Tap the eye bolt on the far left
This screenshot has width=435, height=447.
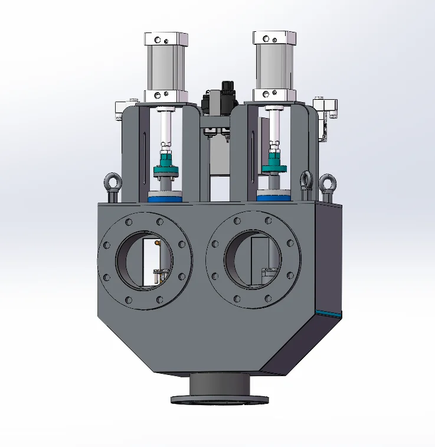pos(112,183)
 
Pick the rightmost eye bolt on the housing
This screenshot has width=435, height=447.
pos(326,185)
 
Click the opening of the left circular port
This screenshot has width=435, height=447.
pos(144,260)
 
